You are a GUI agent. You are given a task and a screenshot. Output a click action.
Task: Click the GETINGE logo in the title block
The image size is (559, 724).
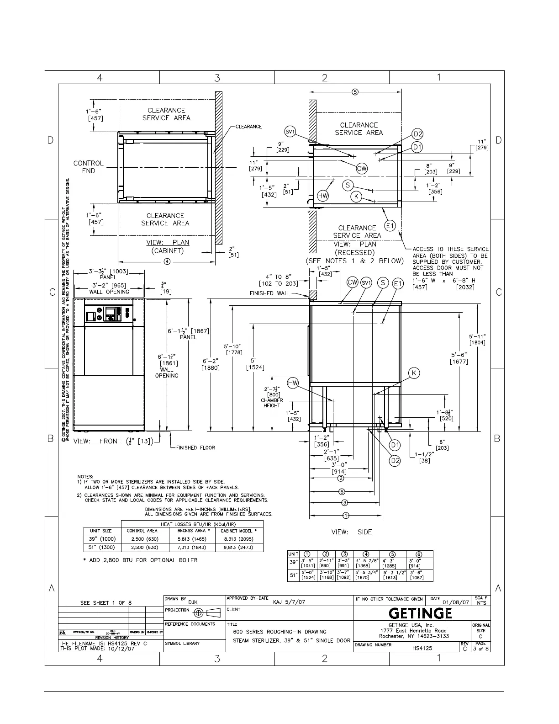click(421, 613)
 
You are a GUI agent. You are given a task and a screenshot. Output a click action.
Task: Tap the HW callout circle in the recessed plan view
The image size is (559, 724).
click(323, 196)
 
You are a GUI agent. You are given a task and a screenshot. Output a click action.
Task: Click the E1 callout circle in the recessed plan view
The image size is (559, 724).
click(390, 225)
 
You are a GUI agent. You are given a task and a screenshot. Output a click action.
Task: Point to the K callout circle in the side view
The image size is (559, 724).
click(414, 373)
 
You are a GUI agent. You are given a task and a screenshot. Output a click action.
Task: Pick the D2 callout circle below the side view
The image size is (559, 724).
click(395, 461)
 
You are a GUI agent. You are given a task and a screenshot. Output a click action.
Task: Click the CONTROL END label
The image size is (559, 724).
click(89, 167)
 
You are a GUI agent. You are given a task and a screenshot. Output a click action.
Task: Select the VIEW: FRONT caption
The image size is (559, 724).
click(97, 441)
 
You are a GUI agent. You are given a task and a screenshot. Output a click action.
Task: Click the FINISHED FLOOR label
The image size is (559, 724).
click(195, 447)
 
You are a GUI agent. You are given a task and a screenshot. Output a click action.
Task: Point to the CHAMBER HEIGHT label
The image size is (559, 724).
click(272, 403)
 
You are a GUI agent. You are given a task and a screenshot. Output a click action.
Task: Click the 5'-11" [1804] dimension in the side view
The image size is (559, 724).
click(477, 339)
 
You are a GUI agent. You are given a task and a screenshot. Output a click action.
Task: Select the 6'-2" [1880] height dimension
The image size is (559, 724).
click(211, 364)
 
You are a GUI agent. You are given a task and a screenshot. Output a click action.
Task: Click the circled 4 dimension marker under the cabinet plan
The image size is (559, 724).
click(167, 262)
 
